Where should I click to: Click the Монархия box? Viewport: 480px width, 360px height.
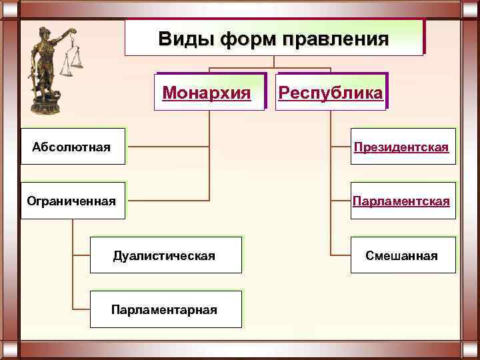(x=207, y=91)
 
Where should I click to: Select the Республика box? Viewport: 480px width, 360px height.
(x=331, y=91)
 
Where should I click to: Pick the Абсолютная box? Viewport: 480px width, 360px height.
(x=73, y=147)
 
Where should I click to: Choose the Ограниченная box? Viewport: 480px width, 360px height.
(x=73, y=201)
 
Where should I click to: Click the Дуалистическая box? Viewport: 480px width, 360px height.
(x=165, y=255)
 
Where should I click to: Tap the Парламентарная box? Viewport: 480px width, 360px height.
(x=165, y=309)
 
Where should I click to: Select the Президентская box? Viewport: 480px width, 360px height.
(x=403, y=147)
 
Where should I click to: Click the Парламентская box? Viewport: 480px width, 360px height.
(x=403, y=201)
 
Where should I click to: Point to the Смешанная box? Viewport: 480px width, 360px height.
(x=403, y=255)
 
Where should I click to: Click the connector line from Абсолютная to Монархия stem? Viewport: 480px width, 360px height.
(x=167, y=146)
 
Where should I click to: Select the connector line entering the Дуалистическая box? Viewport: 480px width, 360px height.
(x=81, y=255)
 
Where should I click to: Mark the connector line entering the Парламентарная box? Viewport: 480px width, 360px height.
(x=81, y=309)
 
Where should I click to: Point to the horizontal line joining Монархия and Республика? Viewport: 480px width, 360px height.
(x=270, y=68)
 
